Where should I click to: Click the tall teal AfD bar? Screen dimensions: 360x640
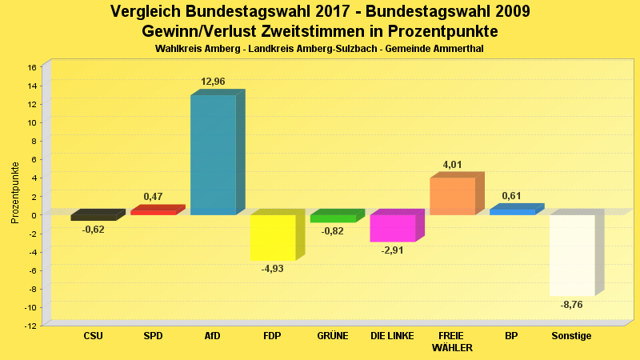coord(213,154)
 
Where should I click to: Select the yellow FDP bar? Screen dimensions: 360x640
coord(273,237)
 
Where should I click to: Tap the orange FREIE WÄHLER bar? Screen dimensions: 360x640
coord(453,196)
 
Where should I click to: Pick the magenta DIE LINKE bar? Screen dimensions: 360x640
coord(392,228)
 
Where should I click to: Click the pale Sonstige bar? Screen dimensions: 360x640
coord(572,254)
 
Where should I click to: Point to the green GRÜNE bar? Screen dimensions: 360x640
coord(333,218)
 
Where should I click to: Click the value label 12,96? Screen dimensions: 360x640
coord(214,82)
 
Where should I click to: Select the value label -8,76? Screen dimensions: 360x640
coord(572,305)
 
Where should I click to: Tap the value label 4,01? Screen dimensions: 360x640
coord(452,165)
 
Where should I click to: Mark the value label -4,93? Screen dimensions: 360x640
coord(273,269)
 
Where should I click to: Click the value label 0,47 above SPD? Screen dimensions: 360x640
coord(153,196)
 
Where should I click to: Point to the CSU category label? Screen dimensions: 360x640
coord(93,336)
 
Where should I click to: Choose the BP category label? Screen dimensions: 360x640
coord(511,336)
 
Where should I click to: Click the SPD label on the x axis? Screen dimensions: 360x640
coord(153,336)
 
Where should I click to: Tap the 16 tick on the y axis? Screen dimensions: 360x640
coord(32,67)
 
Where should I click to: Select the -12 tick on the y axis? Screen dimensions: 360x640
coord(30,326)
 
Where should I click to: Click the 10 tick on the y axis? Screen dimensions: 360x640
coord(32,122)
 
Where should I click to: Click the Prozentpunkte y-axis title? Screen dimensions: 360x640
coord(15,192)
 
